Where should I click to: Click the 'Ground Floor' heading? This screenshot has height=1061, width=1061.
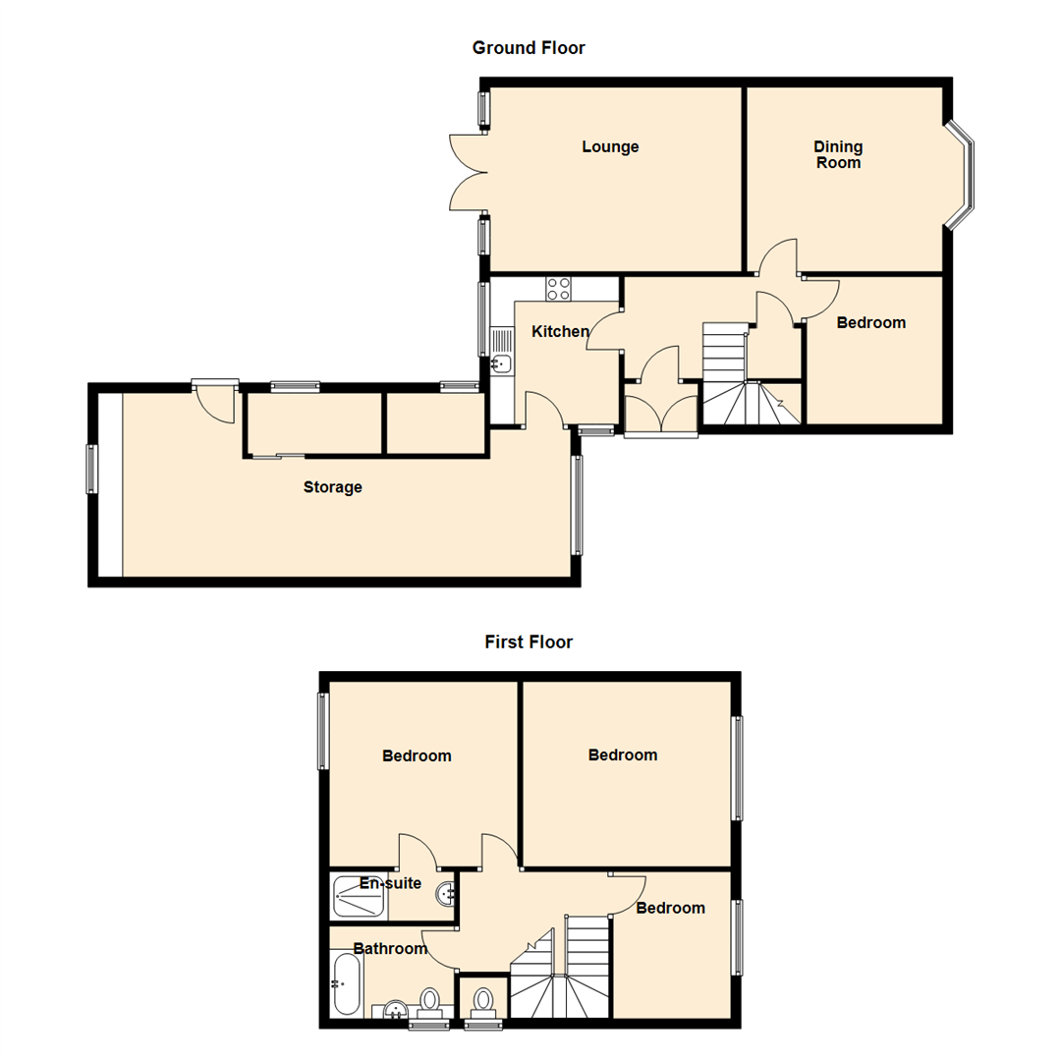[529, 47]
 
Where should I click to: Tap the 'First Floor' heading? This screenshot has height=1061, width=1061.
[529, 642]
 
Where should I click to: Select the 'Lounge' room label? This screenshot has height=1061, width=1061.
[610, 147]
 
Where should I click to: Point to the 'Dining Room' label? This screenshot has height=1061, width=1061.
[837, 154]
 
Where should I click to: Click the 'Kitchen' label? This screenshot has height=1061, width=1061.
[560, 332]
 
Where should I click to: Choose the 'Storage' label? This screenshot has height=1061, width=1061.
[332, 487]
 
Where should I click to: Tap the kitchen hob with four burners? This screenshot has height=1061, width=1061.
[559, 289]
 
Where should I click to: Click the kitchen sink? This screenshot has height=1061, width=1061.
[501, 363]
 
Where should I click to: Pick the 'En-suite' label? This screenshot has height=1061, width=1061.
[390, 883]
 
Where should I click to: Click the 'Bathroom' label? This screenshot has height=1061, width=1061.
[390, 949]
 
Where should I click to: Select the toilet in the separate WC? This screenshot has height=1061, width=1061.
[482, 1001]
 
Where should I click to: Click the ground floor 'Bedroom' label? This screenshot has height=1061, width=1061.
[870, 322]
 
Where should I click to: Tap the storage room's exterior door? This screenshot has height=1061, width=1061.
[215, 401]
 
